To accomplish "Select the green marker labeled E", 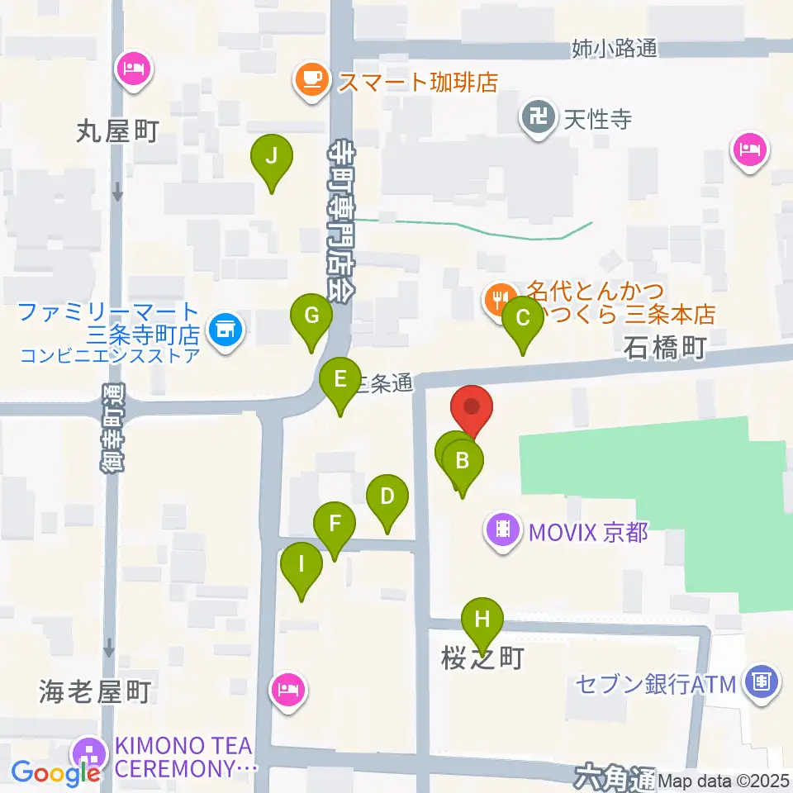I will coord(340,381).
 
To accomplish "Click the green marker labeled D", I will coord(387,498).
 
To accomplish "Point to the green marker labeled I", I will coord(301,567).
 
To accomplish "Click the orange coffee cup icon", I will coord(311,80).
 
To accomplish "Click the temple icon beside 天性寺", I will coord(541,116).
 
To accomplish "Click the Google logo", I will coord(56,773).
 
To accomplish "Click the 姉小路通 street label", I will coord(615,50).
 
